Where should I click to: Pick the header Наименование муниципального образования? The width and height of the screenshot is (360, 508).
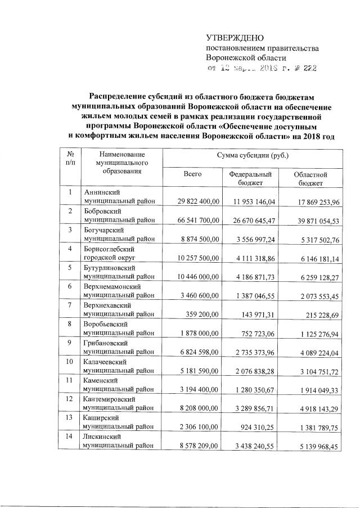(120, 163)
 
